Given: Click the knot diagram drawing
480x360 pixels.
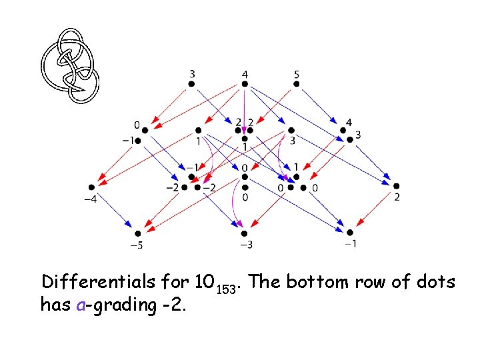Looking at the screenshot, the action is [x=69, y=65].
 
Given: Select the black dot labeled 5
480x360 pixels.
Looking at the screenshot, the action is [x=297, y=84].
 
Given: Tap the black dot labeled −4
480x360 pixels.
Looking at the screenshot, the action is [x=91, y=186].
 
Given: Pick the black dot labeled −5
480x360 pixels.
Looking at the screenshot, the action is [x=138, y=233].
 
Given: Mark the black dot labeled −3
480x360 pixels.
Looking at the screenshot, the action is [x=245, y=233].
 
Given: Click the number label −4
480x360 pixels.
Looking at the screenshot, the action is [x=89, y=198].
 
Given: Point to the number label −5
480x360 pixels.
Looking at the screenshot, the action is [x=136, y=245].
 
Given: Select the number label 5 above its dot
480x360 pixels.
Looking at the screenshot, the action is [x=297, y=73].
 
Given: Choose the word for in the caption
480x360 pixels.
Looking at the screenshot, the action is [x=175, y=281].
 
